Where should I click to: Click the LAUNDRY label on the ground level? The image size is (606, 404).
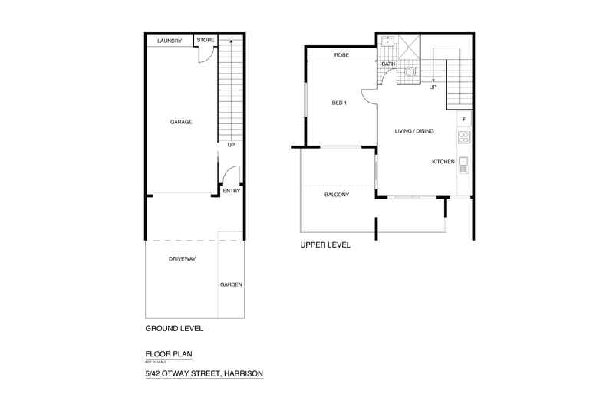[169, 41]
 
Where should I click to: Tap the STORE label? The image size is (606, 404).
[205, 40]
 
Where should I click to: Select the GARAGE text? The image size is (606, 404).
[181, 122]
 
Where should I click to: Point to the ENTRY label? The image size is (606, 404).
[231, 191]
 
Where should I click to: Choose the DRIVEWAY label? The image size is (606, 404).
[183, 259]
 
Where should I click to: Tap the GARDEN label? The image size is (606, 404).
[231, 284]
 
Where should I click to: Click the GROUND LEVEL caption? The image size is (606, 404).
[174, 329]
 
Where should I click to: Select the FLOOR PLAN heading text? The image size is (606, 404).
[169, 354]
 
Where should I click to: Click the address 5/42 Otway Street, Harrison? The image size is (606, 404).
[204, 373]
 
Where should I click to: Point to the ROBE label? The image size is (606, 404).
[342, 55]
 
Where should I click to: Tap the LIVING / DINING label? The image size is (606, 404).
[414, 131]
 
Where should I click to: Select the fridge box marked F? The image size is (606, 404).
[464, 120]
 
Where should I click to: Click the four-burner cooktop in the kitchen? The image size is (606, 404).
[463, 137]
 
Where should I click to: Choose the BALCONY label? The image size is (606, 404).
[338, 195]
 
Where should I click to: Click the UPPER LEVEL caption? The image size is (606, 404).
[325, 245]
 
